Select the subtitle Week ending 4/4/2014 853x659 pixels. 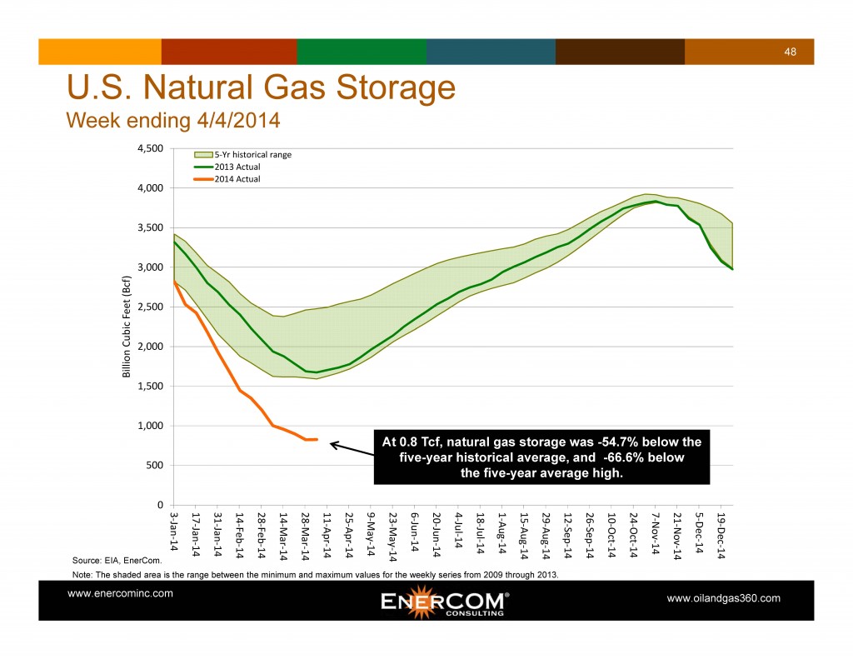tap(172, 121)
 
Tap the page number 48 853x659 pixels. tap(791, 52)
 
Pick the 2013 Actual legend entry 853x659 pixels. tap(237, 167)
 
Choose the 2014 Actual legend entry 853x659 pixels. tap(237, 178)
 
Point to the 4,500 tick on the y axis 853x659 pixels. tap(151, 148)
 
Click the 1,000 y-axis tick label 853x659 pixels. tap(151, 426)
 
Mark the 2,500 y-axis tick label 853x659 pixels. tap(151, 307)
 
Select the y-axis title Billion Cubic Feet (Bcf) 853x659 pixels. tap(127, 326)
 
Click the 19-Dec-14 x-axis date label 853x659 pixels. tap(721, 533)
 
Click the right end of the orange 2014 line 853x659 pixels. tap(317, 439)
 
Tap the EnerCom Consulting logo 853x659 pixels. tap(444, 602)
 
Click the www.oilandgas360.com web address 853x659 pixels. tap(724, 598)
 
